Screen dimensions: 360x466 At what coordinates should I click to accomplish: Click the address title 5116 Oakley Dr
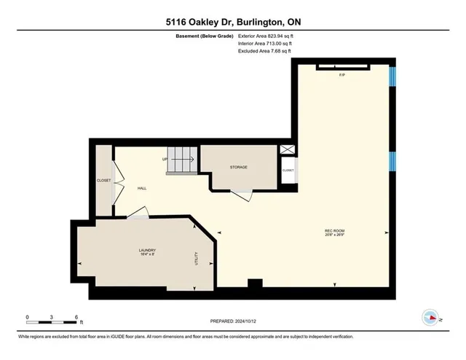[x=232, y=22]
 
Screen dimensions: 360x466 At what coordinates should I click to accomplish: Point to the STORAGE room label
[x=239, y=167]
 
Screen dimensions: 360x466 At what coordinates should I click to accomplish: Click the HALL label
[x=142, y=188]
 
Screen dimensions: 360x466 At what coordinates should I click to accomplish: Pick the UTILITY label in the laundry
[x=196, y=258]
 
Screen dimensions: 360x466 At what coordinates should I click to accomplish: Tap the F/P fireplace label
[x=341, y=75]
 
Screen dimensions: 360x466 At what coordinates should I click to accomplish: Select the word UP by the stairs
[x=165, y=159]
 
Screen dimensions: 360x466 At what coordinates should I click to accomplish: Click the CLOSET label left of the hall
[x=103, y=180]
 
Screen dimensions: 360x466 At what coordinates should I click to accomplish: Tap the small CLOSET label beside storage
[x=288, y=170]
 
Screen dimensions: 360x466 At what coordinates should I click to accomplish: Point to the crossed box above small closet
[x=288, y=150]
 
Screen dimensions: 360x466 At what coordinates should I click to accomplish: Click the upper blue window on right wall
[x=392, y=76]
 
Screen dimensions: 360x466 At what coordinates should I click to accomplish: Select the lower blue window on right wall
[x=392, y=162]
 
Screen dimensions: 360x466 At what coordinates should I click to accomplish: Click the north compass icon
[x=430, y=317]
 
